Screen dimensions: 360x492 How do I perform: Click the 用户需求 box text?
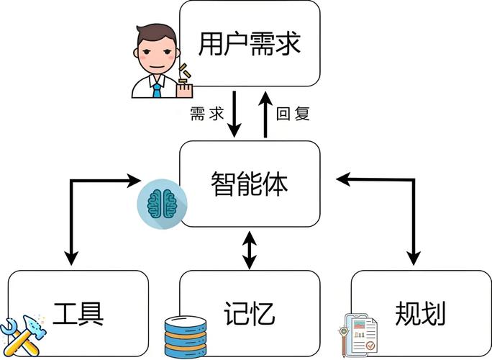(x=249, y=45)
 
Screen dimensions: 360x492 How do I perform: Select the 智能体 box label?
(x=249, y=184)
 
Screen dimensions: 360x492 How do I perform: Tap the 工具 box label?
(x=79, y=314)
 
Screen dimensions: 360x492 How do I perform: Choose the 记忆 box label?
(x=249, y=314)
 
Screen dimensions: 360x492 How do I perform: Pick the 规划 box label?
(x=421, y=314)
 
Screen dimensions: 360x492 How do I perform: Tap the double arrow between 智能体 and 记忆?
(x=249, y=249)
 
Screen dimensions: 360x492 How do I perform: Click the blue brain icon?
(x=160, y=204)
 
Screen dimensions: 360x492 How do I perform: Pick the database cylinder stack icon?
(x=185, y=336)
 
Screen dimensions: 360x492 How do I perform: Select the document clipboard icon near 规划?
(x=359, y=334)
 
